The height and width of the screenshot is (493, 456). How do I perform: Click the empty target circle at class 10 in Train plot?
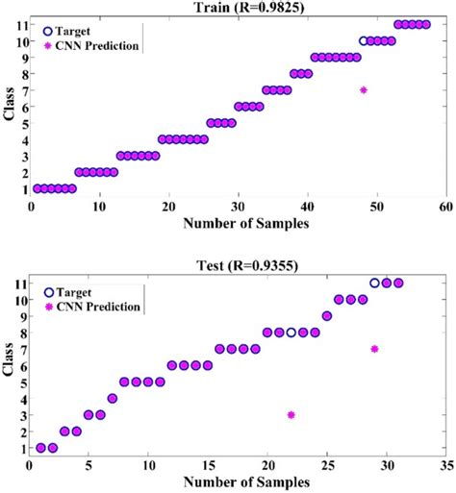point(364,41)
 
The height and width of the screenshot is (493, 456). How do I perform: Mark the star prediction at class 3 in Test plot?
point(291,415)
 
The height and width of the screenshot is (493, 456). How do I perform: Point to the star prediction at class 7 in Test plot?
point(374,349)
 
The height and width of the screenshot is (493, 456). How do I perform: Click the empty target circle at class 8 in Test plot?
point(291,333)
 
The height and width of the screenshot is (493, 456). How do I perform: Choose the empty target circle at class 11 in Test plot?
point(374,283)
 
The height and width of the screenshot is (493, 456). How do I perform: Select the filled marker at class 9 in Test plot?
point(327,316)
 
